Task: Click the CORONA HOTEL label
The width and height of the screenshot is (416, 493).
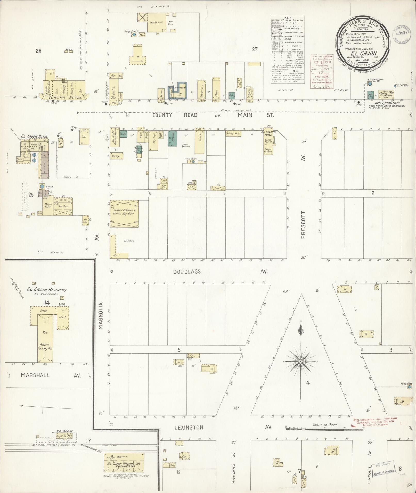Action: tap(63, 98)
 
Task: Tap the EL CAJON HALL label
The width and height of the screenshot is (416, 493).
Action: tap(268, 133)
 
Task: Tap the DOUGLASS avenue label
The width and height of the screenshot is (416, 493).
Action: tap(187, 272)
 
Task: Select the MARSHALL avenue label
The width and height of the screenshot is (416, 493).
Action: tap(35, 375)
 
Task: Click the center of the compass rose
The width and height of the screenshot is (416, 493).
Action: tap(300, 362)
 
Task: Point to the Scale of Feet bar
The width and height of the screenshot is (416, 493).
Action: tap(325, 427)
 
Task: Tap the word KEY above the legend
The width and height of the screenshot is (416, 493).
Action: tap(287, 18)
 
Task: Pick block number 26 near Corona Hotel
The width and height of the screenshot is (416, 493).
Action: tap(38, 51)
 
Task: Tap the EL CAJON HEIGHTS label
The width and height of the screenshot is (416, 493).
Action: tap(47, 290)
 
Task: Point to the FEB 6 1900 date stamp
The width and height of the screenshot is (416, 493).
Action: tap(322, 62)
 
